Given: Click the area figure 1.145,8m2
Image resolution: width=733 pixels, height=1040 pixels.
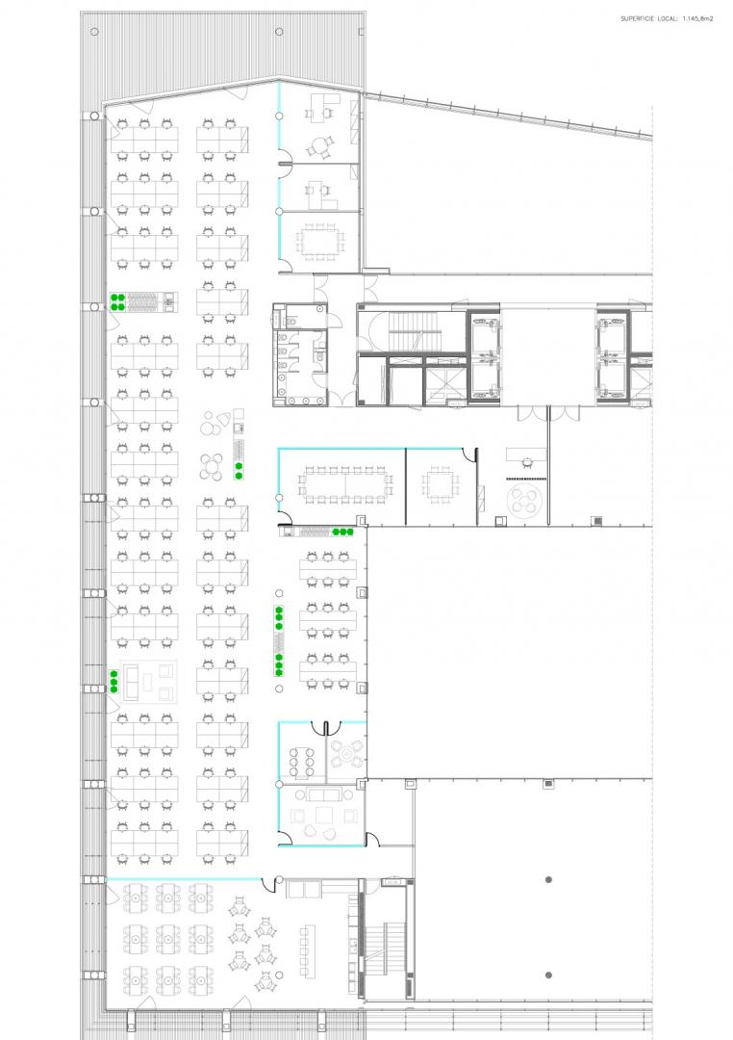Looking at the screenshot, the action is pyautogui.click(x=697, y=19).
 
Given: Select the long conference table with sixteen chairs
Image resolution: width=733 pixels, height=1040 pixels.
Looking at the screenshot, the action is pyautogui.click(x=345, y=484).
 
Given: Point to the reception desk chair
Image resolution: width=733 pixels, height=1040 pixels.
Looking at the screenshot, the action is pyautogui.click(x=527, y=463).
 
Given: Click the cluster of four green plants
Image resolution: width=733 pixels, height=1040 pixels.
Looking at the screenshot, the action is pyautogui.click(x=117, y=301).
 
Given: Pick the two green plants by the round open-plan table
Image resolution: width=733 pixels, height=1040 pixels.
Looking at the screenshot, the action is pyautogui.click(x=238, y=470).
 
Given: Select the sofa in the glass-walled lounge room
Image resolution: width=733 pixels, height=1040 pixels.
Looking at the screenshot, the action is pyautogui.click(x=324, y=794).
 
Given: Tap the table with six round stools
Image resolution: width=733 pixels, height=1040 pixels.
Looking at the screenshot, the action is pyautogui.click(x=301, y=762).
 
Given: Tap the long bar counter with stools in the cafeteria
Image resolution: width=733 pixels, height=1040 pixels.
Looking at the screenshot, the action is pyautogui.click(x=305, y=951).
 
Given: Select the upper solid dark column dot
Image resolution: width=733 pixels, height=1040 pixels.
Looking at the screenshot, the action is pyautogui.click(x=548, y=879).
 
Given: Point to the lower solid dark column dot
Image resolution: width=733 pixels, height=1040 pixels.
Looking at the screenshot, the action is pyautogui.click(x=548, y=975).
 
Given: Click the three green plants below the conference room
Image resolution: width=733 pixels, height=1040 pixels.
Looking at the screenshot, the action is pyautogui.click(x=342, y=532).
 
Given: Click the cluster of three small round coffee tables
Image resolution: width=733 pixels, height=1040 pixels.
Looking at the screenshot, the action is pyautogui.click(x=215, y=423).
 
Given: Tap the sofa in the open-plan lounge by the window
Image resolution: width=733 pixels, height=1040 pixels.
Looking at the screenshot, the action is pyautogui.click(x=130, y=681).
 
